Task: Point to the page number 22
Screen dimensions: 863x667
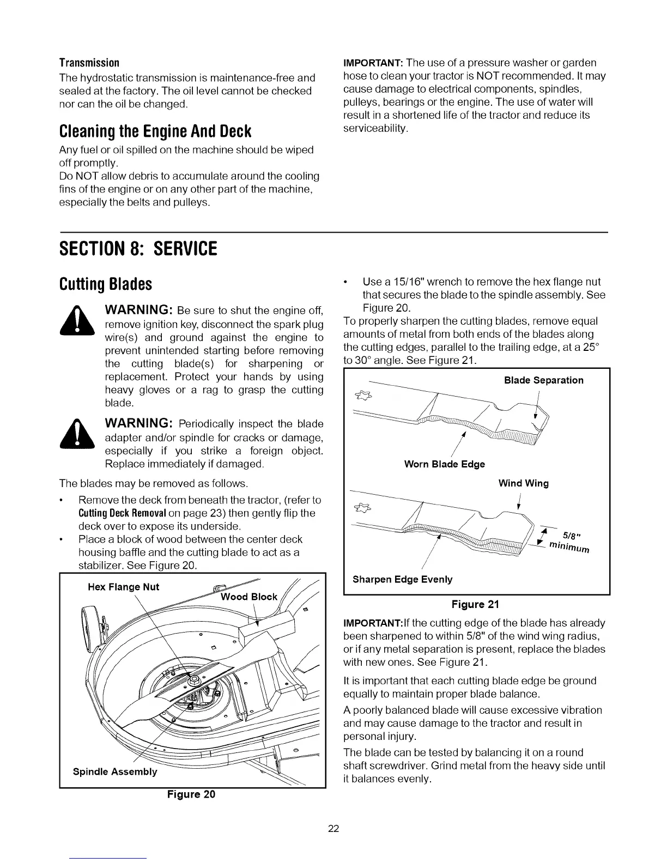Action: [x=333, y=829]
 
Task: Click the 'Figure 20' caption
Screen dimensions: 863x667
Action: [x=191, y=794]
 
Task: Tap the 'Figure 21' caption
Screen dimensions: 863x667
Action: [x=475, y=604]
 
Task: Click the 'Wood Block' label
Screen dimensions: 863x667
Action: [x=249, y=597]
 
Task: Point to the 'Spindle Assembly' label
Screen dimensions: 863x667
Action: [x=115, y=771]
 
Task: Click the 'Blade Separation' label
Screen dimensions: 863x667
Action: [x=543, y=380]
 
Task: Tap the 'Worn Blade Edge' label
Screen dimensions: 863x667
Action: [x=444, y=464]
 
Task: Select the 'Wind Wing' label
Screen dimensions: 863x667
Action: [x=523, y=483]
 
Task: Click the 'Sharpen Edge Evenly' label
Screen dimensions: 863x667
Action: [x=402, y=579]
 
